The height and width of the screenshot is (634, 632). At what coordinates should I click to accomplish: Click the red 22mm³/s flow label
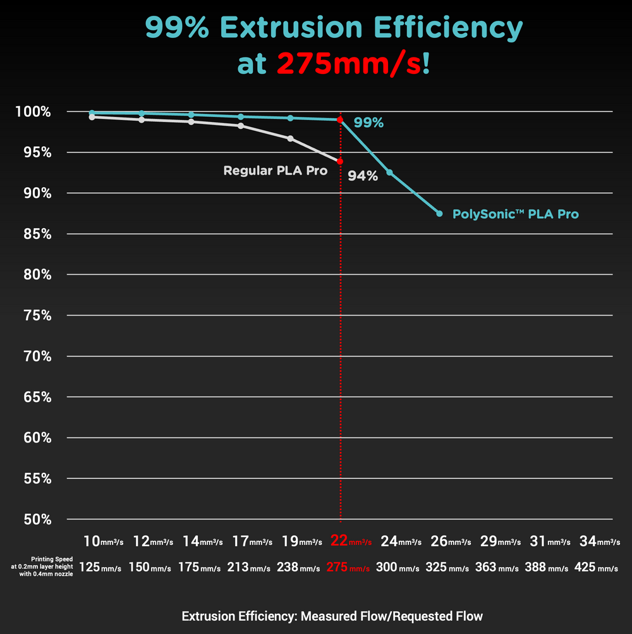coord(351,541)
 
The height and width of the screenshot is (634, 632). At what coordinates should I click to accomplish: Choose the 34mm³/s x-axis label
coord(600,541)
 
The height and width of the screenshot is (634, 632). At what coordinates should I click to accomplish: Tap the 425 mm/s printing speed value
coord(596,568)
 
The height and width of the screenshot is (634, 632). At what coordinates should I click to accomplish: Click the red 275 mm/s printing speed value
coord(348,568)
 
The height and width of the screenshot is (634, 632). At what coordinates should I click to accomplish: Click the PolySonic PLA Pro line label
coord(515,214)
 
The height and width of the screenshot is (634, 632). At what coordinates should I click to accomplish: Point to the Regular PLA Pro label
coord(275,171)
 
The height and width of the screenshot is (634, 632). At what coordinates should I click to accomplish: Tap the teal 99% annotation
coord(368,123)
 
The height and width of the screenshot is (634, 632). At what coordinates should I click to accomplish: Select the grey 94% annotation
coord(363,177)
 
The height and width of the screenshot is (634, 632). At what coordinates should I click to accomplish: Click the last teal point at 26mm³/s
coord(439,214)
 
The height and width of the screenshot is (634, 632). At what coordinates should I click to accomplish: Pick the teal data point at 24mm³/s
coord(389,172)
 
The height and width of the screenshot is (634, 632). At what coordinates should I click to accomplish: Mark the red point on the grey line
coord(340,162)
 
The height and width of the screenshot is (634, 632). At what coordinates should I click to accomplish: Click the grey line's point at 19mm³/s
coord(290,138)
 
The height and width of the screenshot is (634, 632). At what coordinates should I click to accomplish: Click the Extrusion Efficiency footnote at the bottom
coord(332,616)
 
